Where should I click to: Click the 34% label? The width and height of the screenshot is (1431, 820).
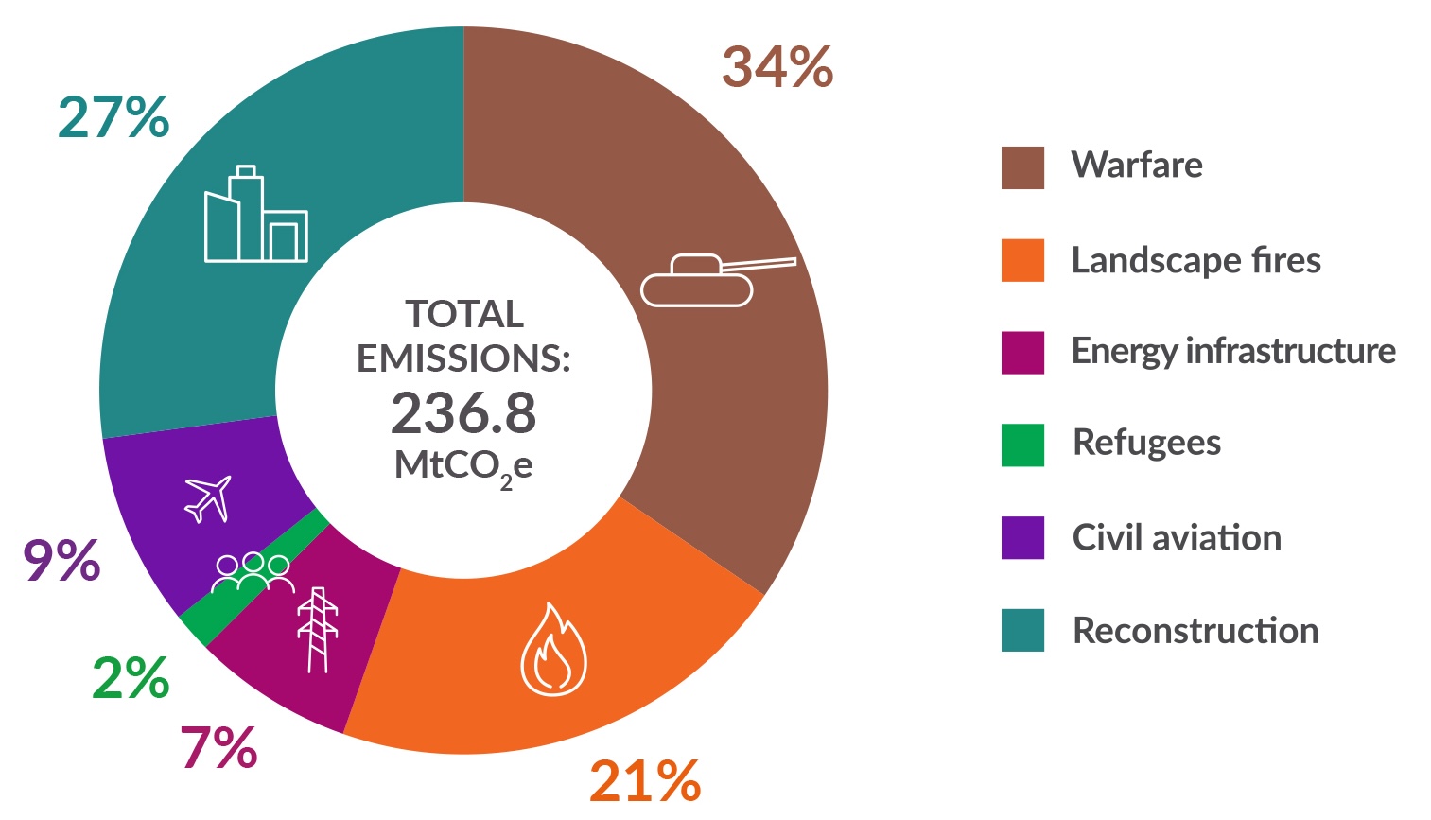click(x=777, y=68)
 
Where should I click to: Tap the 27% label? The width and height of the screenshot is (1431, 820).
click(x=113, y=118)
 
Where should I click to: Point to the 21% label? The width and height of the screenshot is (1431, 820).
click(x=645, y=781)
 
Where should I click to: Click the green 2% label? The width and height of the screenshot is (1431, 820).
click(x=131, y=679)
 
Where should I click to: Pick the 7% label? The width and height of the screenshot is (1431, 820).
click(x=218, y=747)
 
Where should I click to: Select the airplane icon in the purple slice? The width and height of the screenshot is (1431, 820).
click(x=209, y=497)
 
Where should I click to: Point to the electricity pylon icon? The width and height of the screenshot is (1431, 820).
click(x=318, y=630)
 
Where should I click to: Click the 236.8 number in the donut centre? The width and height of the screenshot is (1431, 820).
click(x=463, y=413)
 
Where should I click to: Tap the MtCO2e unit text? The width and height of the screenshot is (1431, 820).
click(x=463, y=466)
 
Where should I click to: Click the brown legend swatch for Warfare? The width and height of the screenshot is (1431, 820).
click(x=1022, y=167)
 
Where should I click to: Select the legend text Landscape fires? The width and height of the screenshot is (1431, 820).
click(x=1195, y=260)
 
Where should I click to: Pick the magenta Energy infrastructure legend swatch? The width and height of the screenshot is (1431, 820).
click(x=1022, y=353)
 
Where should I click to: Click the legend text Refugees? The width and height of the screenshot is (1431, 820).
click(x=1146, y=443)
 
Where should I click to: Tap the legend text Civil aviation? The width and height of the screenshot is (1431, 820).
click(x=1177, y=538)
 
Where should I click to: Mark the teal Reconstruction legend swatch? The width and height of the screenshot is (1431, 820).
click(x=1022, y=631)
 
